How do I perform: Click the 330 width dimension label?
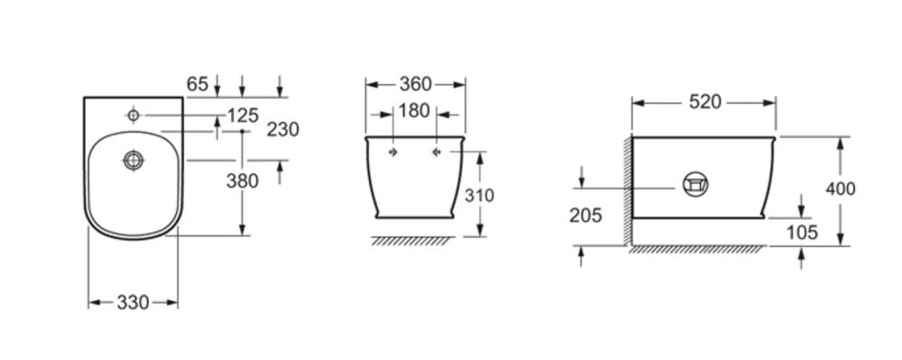click(133, 302)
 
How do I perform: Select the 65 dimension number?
click(198, 85)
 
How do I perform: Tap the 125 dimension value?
click(243, 115)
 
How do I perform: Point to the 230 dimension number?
click(283, 129)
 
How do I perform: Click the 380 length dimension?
click(242, 181)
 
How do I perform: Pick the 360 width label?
click(415, 85)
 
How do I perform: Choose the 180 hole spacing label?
click(414, 110)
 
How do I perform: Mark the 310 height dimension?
click(479, 196)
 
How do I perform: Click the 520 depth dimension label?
click(704, 102)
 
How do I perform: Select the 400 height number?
click(841, 189)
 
